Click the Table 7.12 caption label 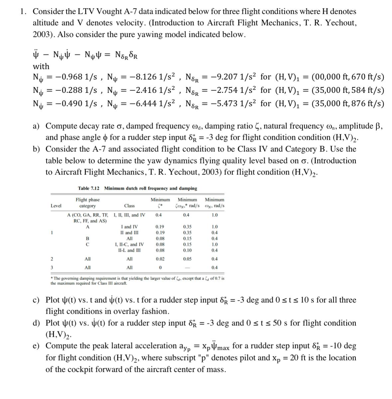click(89, 188)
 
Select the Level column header click(56, 206)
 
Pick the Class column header click(129, 206)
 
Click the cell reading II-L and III click(129, 250)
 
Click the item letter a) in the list click(37, 126)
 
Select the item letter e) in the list click(37, 346)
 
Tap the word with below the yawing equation click(41, 66)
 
